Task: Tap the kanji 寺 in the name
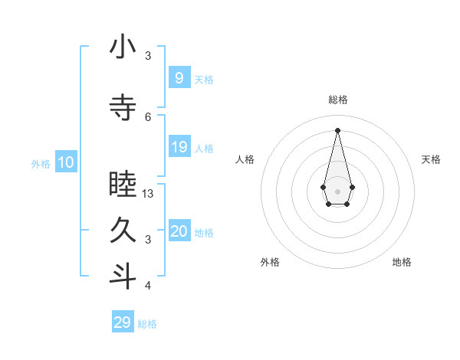click(123, 108)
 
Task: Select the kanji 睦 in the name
click(123, 185)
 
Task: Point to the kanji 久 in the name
click(123, 231)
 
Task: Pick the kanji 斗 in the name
click(123, 277)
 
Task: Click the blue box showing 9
click(179, 77)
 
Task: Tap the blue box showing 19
click(179, 147)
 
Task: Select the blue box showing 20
click(179, 231)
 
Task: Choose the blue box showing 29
click(122, 322)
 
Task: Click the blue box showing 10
click(65, 162)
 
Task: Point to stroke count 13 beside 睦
click(149, 194)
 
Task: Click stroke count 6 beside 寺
click(148, 116)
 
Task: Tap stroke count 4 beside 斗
click(148, 286)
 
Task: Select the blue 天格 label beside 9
click(204, 79)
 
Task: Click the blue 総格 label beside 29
click(147, 324)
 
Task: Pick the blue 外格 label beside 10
click(40, 164)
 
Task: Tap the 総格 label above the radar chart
click(337, 100)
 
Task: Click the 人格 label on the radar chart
click(245, 159)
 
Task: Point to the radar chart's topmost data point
click(337, 129)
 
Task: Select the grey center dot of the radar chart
click(337, 190)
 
